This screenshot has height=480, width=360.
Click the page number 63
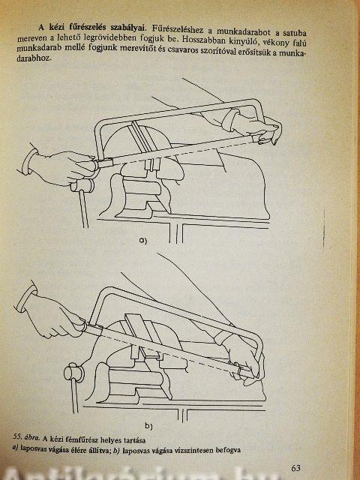pyautogui.click(x=295, y=468)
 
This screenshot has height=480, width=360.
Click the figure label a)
pyautogui.click(x=143, y=241)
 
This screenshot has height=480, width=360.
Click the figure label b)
pyautogui.click(x=148, y=426)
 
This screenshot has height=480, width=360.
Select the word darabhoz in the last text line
pyautogui.click(x=34, y=58)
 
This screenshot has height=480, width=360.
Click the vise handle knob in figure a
pyautogui.click(x=82, y=185)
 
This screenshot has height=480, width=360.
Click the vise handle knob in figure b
pyautogui.click(x=73, y=372)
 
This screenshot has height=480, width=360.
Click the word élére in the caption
pyautogui.click(x=82, y=451)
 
